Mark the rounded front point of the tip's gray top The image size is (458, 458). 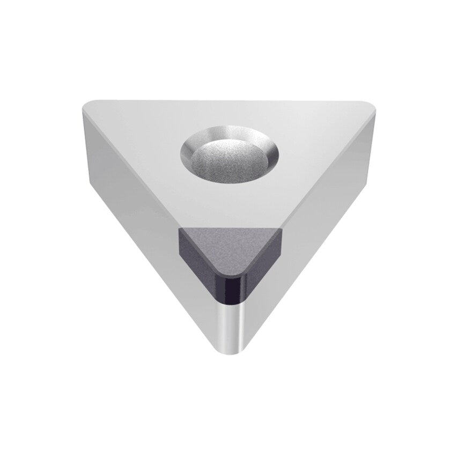coord(231,272)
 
